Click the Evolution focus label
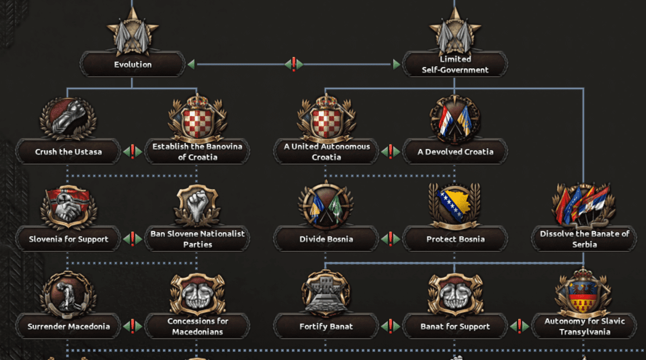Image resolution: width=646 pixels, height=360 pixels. coord(133,64)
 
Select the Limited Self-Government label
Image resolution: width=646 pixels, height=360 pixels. coord(455,64)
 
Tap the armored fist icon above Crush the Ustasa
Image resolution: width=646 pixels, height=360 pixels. coord(68,118)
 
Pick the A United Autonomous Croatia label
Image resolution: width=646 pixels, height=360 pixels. coord(326,152)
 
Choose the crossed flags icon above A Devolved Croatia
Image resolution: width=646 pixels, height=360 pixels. coord(455,119)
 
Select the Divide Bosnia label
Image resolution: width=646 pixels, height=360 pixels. coord(326,239)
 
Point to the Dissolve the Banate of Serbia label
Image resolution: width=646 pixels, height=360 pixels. coord(584,239)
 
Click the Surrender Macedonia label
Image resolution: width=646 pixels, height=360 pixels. coord(69,326)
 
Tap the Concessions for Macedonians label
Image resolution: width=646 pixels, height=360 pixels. coord(198,326)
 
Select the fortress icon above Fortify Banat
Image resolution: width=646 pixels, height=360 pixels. coord(326,292)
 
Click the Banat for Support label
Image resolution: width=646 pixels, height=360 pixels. coord(455,326)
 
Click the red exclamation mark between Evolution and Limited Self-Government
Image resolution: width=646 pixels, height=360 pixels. coord(293,64)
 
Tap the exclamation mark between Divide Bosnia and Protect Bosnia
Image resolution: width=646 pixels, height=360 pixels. coord(391,239)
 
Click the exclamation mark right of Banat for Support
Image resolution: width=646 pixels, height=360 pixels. coord(519,326)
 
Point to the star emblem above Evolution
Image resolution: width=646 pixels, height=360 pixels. coord(132,32)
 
